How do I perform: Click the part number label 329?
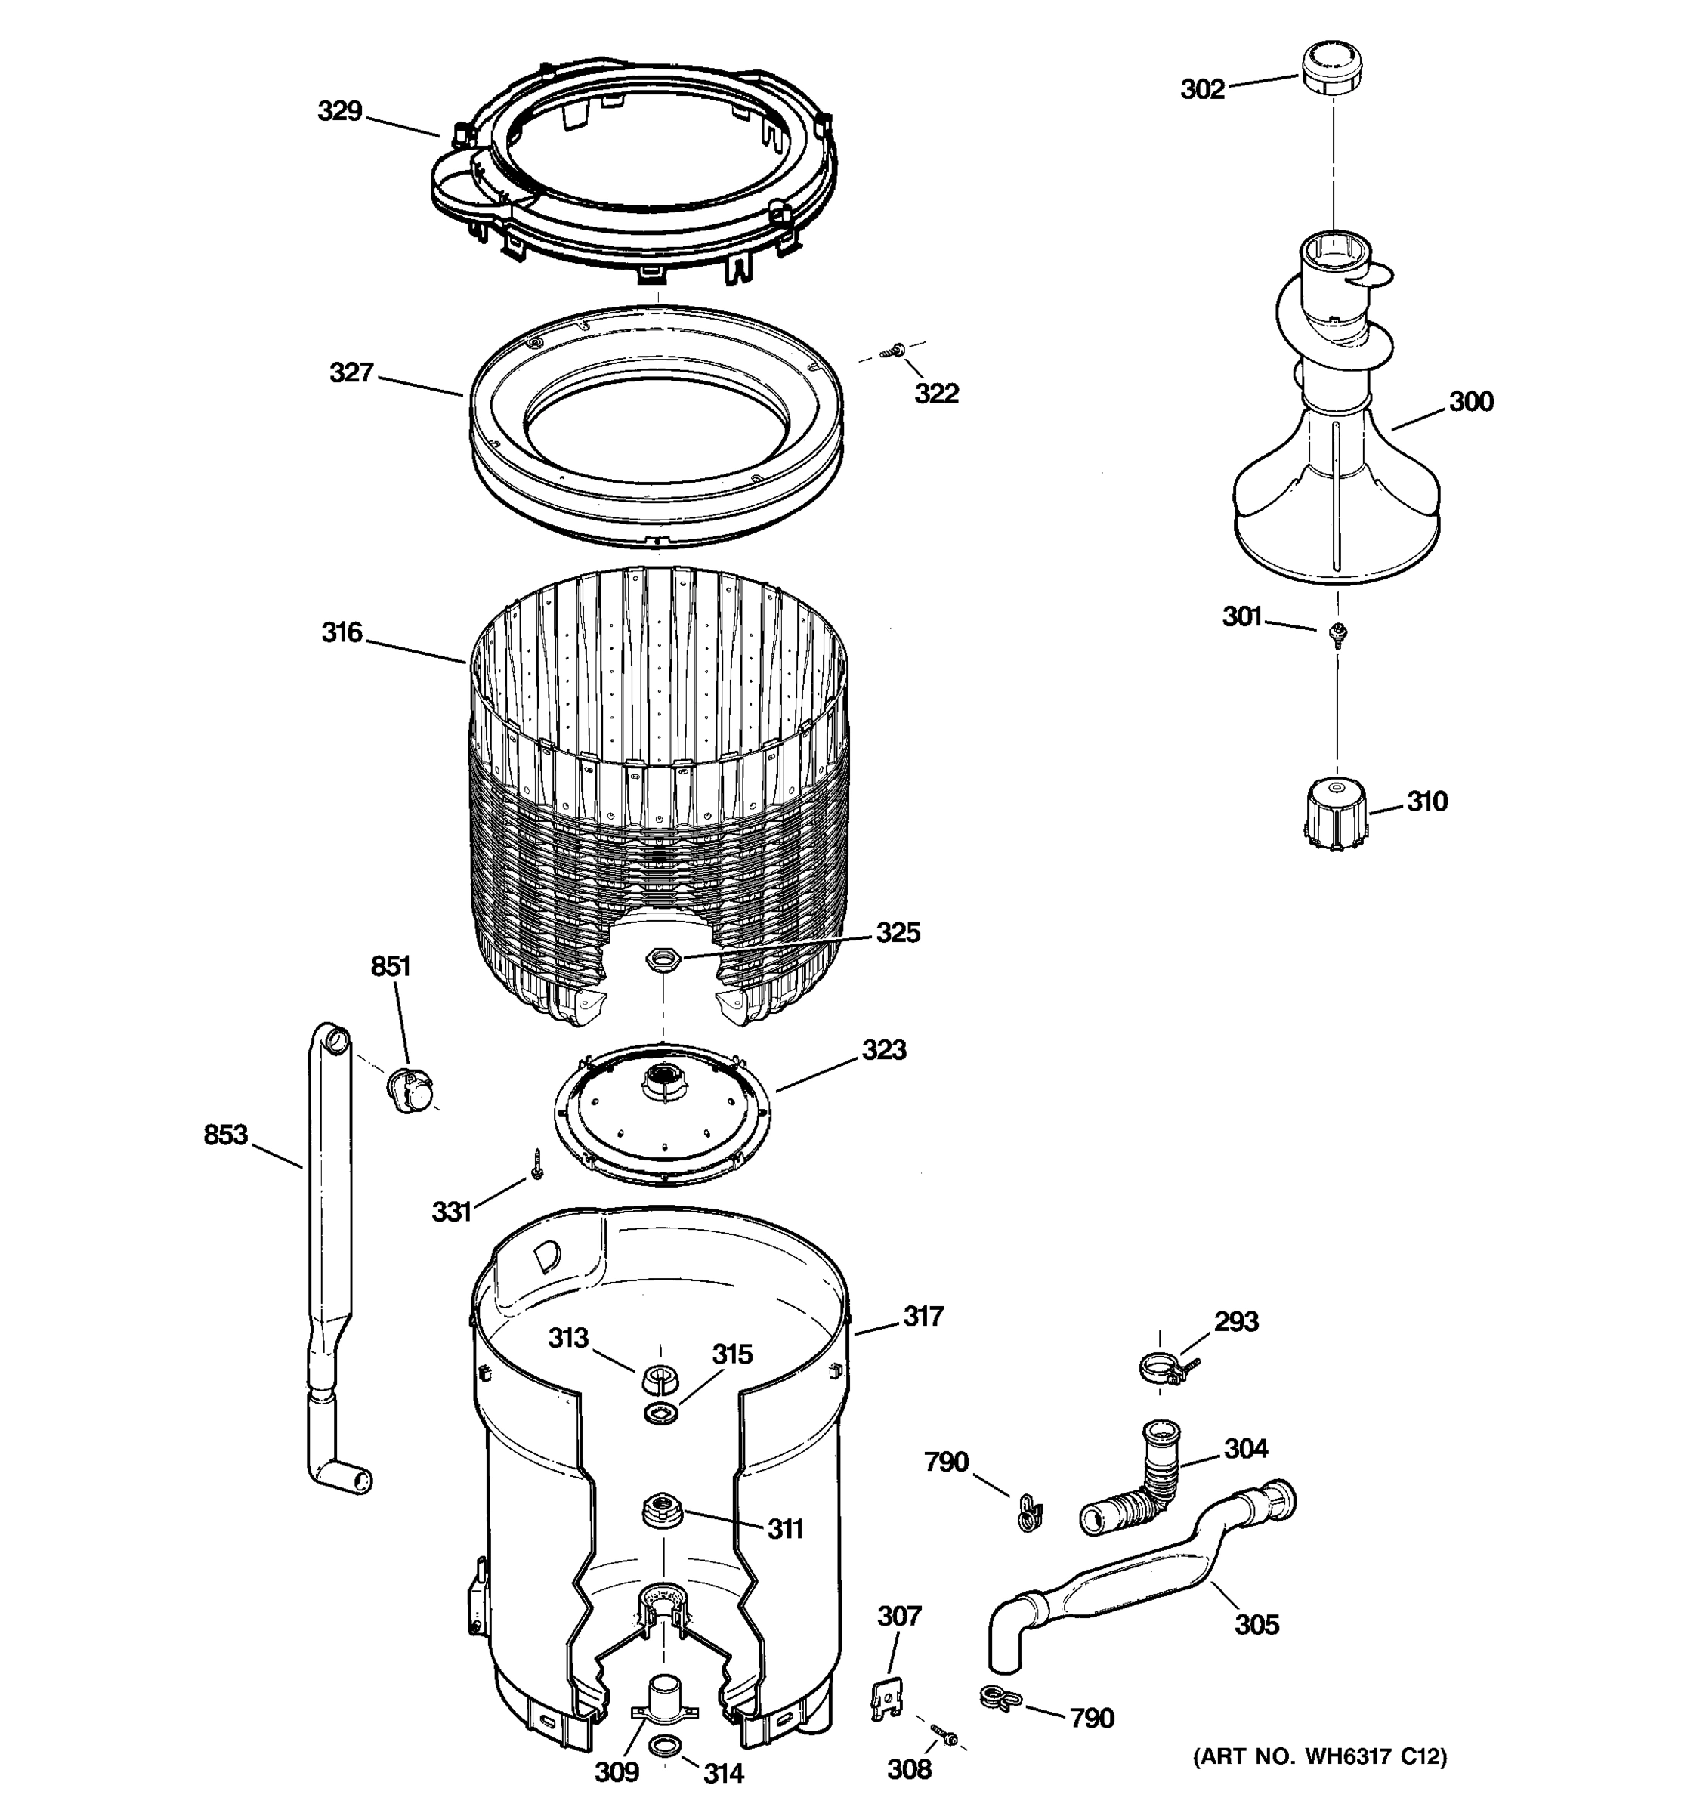click(340, 111)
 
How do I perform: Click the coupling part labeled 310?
click(1334, 814)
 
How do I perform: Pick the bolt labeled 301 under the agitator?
click(1338, 633)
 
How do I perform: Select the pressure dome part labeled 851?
click(410, 1089)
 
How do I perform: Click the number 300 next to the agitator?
click(1470, 401)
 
